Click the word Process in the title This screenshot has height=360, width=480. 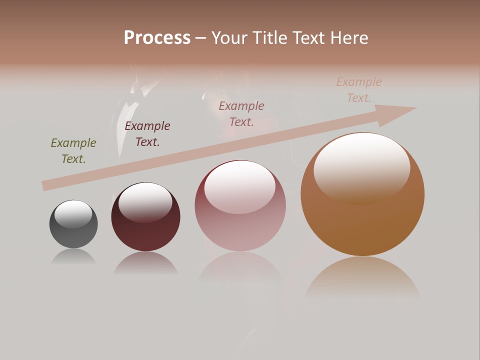point(157,38)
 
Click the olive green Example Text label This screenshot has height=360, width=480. point(73,151)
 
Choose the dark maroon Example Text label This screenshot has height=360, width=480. point(147,134)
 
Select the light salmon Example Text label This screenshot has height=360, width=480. point(359,90)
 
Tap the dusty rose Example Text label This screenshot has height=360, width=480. point(241,113)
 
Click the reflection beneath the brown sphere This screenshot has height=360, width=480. point(362,277)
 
